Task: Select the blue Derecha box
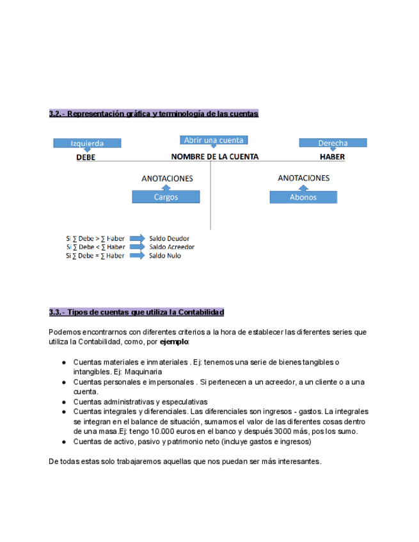(333, 143)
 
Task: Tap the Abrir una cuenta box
(214, 140)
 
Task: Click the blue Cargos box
(166, 197)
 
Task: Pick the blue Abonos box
(303, 197)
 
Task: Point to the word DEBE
(86, 157)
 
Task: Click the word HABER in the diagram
(333, 157)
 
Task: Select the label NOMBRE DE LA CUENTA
(214, 157)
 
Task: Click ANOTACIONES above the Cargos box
(167, 179)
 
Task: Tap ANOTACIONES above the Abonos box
(304, 178)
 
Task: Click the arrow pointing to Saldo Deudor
(137, 238)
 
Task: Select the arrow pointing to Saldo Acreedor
(137, 247)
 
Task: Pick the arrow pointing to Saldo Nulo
(137, 256)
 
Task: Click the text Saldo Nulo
(165, 256)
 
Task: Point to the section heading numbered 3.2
(154, 114)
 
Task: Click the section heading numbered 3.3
(136, 313)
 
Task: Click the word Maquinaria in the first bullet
(144, 371)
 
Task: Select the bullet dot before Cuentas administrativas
(64, 402)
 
